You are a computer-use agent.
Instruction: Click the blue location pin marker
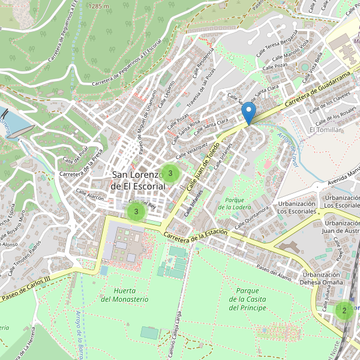(248, 113)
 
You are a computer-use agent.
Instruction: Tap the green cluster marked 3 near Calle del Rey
(136, 212)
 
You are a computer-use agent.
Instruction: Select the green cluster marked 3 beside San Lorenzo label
(170, 173)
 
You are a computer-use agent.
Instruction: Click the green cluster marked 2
(344, 310)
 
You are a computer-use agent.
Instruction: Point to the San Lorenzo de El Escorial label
(138, 180)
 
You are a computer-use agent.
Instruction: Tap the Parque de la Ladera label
(234, 203)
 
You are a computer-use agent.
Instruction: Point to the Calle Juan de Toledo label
(203, 163)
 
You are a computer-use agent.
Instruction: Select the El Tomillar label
(325, 130)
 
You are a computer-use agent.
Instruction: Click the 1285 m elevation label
(98, 6)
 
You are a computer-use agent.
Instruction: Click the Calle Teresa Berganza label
(277, 45)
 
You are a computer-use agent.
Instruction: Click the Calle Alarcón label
(90, 196)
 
